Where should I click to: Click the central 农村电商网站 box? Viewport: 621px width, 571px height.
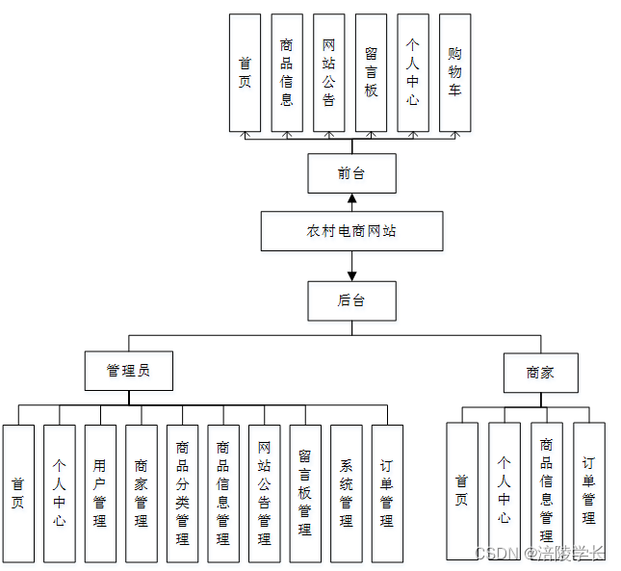click(x=351, y=231)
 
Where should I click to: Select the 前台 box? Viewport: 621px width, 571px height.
click(x=351, y=173)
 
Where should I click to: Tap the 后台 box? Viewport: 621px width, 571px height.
click(x=351, y=299)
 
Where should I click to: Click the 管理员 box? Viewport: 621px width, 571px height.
click(x=129, y=371)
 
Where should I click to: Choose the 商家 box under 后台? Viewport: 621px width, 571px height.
click(x=540, y=373)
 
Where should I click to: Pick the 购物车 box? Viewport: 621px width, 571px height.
click(x=454, y=72)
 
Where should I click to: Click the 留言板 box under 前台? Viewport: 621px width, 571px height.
click(x=371, y=72)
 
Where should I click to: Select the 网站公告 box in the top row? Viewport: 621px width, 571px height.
click(x=328, y=72)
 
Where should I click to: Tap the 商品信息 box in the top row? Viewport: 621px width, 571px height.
click(x=286, y=72)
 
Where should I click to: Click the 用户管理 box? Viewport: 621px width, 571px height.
click(x=100, y=493)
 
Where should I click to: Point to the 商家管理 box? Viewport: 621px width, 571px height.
click(x=141, y=493)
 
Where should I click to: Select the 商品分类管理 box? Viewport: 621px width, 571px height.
click(x=182, y=493)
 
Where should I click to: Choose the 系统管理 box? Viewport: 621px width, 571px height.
click(x=347, y=493)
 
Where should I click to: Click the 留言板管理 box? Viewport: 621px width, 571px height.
click(x=305, y=493)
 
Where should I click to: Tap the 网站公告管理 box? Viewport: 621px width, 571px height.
click(x=264, y=493)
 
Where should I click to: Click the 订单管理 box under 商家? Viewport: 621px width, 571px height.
click(x=589, y=490)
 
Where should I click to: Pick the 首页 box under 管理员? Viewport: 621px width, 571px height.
click(x=18, y=493)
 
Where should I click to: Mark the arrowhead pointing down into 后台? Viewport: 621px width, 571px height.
click(x=351, y=275)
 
